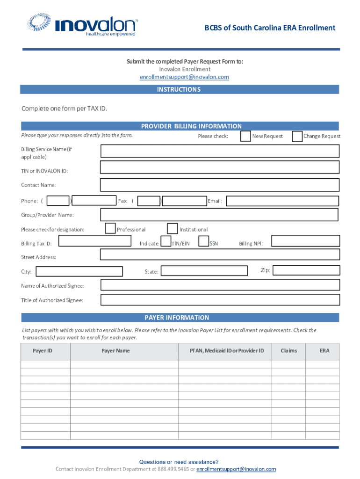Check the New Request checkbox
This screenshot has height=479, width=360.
point(245,136)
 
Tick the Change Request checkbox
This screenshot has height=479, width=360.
point(297,136)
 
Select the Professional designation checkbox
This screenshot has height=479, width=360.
point(110,228)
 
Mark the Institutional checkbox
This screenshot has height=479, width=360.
point(172,228)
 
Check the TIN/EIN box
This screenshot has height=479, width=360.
point(166,241)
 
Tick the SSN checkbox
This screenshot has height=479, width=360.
point(203,241)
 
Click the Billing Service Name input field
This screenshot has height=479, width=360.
point(220,151)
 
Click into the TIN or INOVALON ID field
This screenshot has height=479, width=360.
point(220,168)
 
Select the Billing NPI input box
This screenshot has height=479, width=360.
point(305,241)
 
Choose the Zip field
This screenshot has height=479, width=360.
point(305,270)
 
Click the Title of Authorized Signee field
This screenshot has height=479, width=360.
point(220,300)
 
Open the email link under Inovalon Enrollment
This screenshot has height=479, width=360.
point(185,77)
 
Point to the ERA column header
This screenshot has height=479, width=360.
point(324,351)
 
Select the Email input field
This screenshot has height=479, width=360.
point(282,201)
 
